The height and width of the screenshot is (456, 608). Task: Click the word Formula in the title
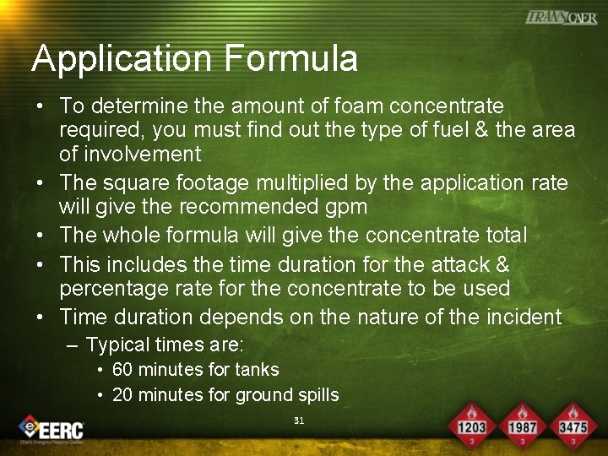(x=290, y=59)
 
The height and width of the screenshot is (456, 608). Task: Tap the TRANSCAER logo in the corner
(x=561, y=18)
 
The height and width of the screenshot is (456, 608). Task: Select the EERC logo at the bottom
(x=52, y=429)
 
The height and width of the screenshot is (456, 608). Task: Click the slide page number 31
(x=298, y=421)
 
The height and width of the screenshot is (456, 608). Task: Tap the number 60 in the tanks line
(x=122, y=370)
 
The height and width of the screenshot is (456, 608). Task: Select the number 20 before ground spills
(x=122, y=395)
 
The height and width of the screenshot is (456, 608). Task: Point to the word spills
(x=316, y=395)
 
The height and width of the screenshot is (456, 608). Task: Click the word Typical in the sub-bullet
(x=116, y=345)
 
